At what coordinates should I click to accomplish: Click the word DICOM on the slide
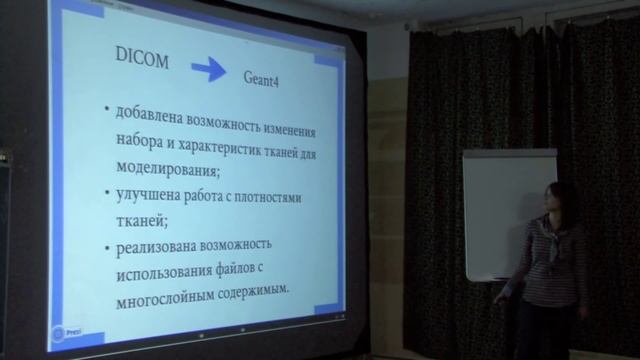pos(139,61)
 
